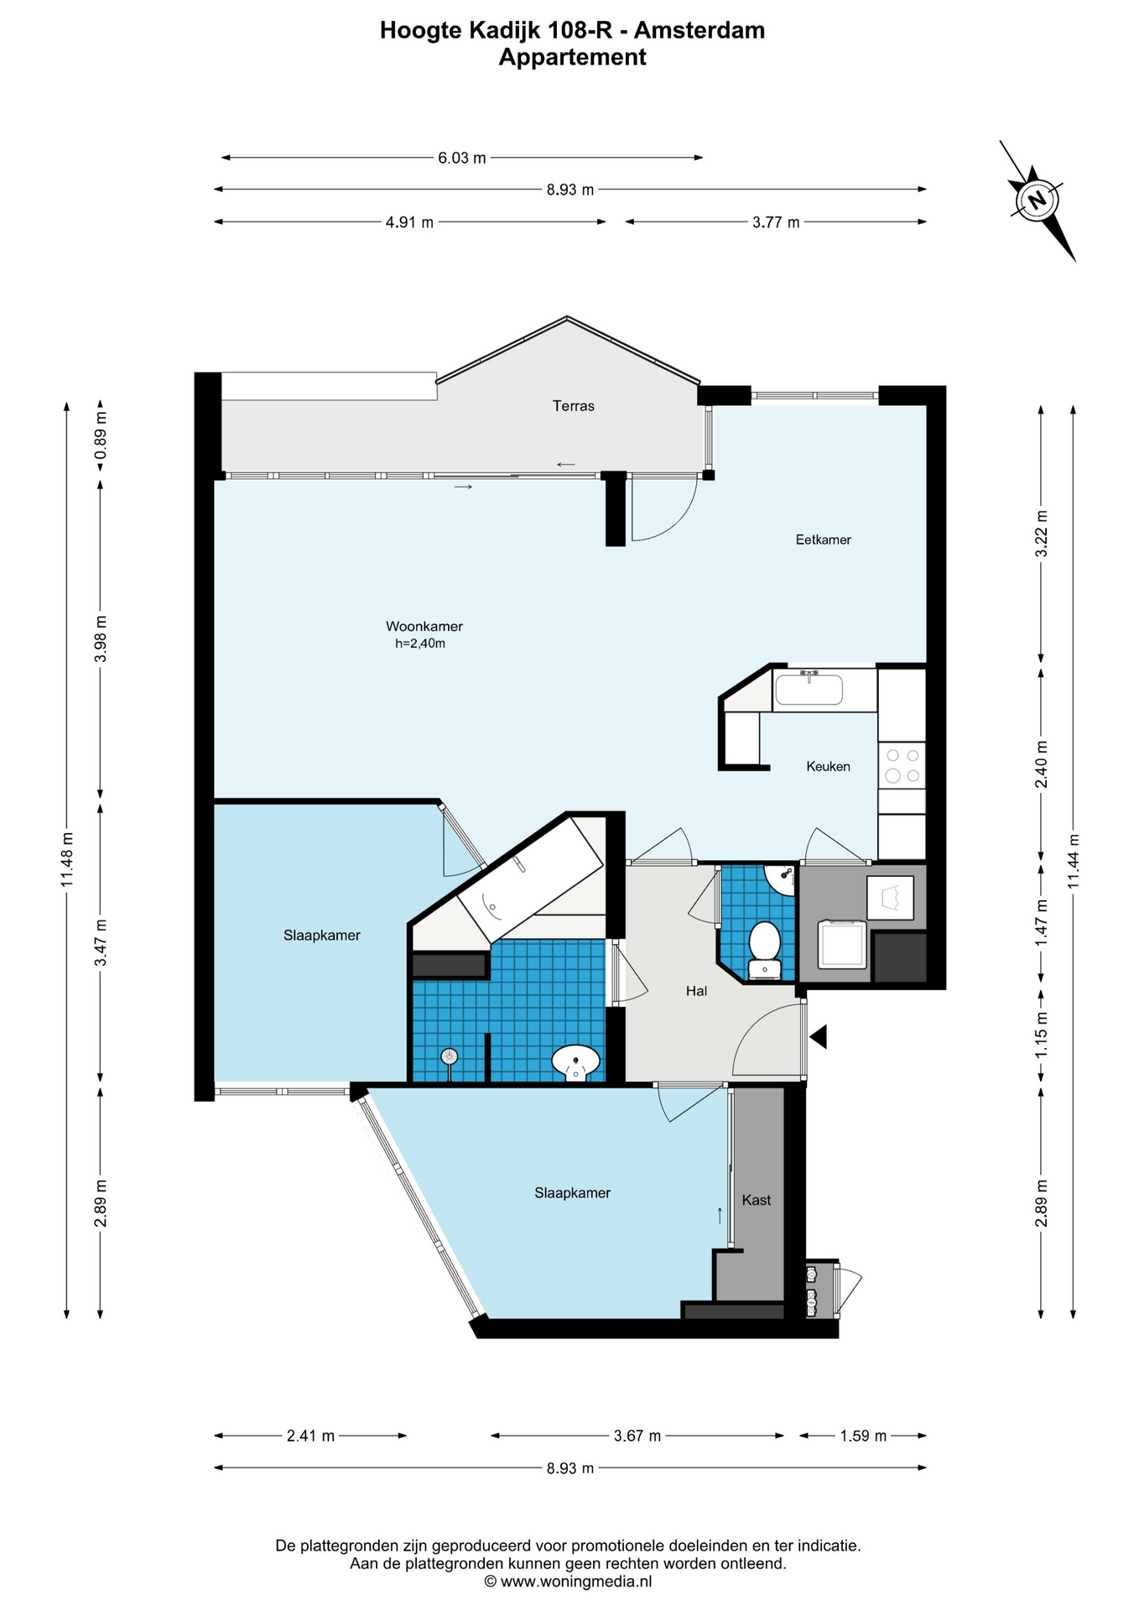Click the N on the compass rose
(x=1038, y=201)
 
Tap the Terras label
(x=573, y=406)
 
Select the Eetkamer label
(x=823, y=540)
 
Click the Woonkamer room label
(x=424, y=626)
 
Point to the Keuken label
(x=828, y=766)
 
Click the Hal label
(x=696, y=991)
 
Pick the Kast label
(x=756, y=1200)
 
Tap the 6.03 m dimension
(x=461, y=158)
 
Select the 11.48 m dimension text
(x=67, y=858)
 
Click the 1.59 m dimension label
(x=863, y=1436)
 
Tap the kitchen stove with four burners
(x=902, y=765)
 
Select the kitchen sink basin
(x=809, y=690)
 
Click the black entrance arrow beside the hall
(x=818, y=1037)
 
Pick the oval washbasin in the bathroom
(x=575, y=1063)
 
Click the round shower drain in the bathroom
(x=450, y=1056)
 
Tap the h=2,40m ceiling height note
(x=419, y=644)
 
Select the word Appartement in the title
(x=572, y=57)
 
